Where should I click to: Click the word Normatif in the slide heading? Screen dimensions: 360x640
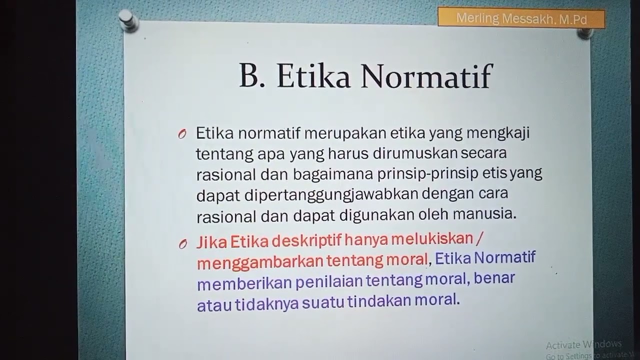[426, 76]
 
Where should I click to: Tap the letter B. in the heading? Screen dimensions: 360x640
[252, 76]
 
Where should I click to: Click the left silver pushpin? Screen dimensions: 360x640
[128, 20]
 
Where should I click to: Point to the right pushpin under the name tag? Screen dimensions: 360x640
[584, 33]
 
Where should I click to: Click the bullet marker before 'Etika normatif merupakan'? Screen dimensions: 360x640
[182, 134]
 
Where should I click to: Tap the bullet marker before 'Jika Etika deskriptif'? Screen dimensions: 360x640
[183, 244]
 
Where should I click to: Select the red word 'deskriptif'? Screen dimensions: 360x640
[306, 241]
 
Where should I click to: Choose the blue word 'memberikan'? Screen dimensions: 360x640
[244, 283]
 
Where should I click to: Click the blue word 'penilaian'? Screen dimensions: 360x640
[328, 281]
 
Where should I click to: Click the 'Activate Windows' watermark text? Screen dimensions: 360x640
[583, 344]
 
